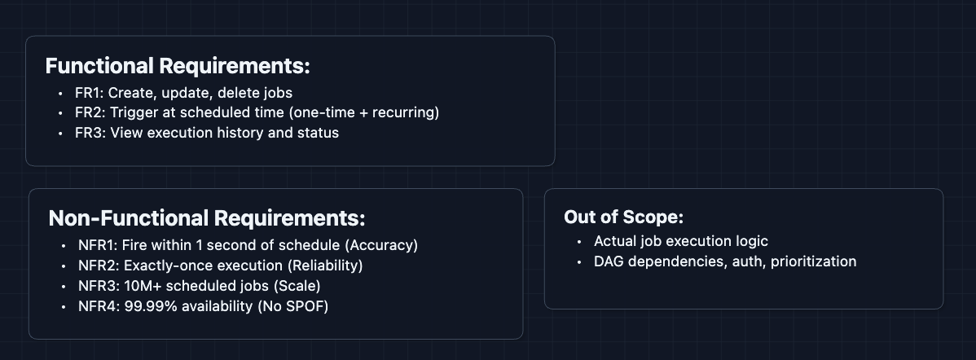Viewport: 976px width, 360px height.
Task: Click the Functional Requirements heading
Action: pyautogui.click(x=178, y=66)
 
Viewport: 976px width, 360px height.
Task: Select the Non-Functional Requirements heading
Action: pyautogui.click(x=207, y=218)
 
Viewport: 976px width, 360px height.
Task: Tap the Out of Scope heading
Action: pyautogui.click(x=623, y=217)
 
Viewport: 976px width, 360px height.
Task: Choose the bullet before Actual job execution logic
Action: pyautogui.click(x=578, y=242)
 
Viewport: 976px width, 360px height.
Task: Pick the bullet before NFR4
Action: pyautogui.click(x=64, y=306)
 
